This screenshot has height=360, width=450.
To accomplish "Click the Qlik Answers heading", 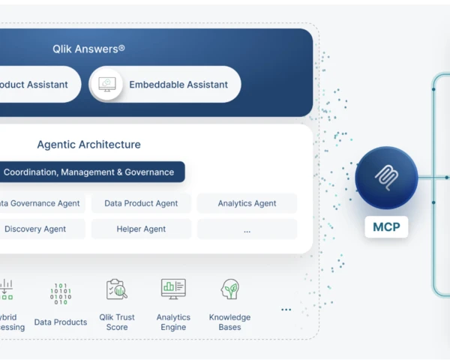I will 88,49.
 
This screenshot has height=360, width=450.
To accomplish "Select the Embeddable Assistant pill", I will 165,85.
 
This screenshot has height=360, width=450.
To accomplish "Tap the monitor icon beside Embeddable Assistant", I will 106,85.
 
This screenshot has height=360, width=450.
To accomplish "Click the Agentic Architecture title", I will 88,145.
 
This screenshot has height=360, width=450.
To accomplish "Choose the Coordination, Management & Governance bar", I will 88,172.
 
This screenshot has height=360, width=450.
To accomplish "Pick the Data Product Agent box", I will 141,203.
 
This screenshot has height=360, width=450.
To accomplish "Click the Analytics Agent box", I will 247,203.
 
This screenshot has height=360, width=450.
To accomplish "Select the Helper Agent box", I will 141,229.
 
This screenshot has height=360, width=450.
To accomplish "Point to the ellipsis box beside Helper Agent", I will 247,229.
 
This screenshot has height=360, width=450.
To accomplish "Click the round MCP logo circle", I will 386,177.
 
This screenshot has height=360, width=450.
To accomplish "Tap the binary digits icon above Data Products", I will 61,293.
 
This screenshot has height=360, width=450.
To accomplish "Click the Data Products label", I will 61,322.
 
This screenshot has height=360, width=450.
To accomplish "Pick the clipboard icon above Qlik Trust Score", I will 116,289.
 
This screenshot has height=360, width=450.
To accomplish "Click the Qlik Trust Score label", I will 116,322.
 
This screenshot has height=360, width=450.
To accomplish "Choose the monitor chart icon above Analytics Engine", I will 173,289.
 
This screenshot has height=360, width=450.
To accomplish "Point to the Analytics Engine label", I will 173,322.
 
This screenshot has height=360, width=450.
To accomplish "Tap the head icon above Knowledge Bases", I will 229,289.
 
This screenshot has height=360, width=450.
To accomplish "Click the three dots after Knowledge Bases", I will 286,309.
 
